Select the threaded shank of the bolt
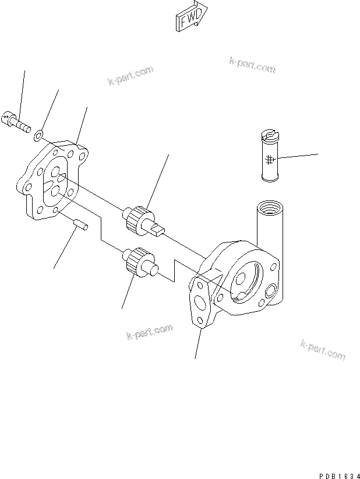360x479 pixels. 23,125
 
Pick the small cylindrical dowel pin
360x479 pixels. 80,224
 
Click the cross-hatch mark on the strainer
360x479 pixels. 269,159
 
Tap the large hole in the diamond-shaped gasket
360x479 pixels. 200,303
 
